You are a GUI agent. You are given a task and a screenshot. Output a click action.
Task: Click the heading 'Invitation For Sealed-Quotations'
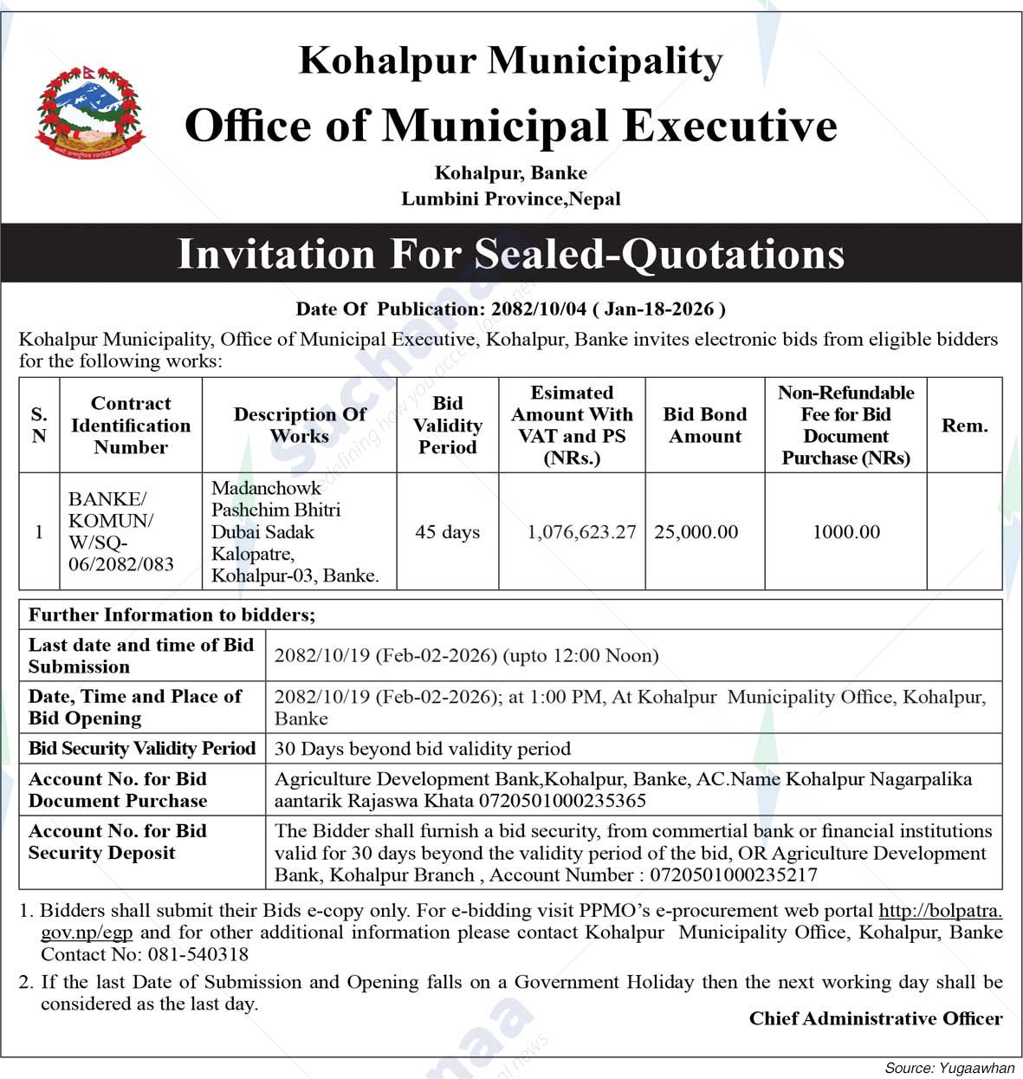[x=510, y=254]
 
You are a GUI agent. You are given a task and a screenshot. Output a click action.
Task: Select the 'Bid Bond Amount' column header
[x=704, y=426]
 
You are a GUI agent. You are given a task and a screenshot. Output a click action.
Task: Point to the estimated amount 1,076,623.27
[x=581, y=532]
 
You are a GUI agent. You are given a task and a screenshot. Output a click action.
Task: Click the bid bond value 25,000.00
[x=696, y=532]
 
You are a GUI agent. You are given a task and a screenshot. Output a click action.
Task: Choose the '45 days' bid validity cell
[x=447, y=532]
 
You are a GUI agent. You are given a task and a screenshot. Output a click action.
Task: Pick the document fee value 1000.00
[x=845, y=532]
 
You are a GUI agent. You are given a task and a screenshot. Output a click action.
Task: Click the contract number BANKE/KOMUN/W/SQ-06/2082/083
[x=121, y=531]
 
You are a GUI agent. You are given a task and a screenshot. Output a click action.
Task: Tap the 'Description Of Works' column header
[x=300, y=426]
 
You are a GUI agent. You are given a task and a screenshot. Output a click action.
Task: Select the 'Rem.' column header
[x=964, y=426]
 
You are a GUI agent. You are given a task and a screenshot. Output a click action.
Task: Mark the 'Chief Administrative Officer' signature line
[x=875, y=1018]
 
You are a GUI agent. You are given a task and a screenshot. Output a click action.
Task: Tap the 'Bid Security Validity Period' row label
[x=142, y=748]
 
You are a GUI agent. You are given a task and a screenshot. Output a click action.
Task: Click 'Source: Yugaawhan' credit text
[x=949, y=1069]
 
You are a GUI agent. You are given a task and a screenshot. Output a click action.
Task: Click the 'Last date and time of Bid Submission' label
[x=141, y=655]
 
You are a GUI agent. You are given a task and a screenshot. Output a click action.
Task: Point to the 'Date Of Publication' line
[x=510, y=309]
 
